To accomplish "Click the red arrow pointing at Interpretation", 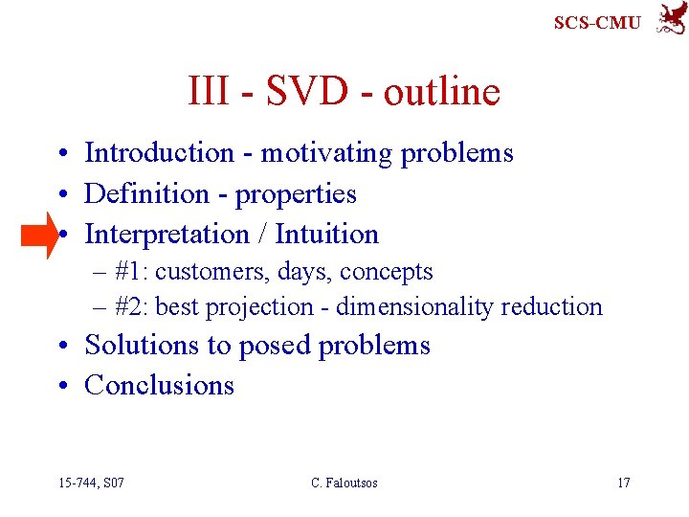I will point(41,235).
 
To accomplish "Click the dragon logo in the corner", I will point(670,18).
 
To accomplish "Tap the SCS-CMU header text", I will point(597,22).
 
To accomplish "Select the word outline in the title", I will point(442,92).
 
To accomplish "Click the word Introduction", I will point(160,153).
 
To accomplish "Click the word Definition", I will point(146,193).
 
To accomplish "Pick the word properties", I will point(296,194).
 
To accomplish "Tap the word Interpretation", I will point(167,234).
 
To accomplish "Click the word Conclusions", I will point(159,385).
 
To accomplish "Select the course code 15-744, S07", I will point(90,483).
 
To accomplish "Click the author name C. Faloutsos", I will point(344,483).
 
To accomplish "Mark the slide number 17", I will point(623,483).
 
